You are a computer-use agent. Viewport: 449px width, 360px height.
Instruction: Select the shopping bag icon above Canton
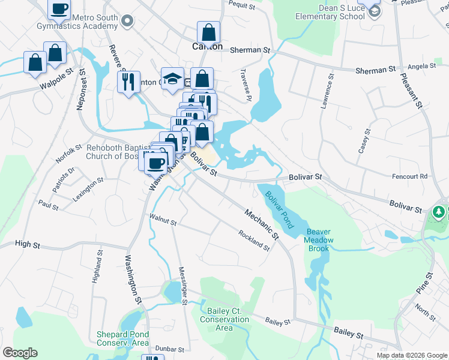tap(208, 32)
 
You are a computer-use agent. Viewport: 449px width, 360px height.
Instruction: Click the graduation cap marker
tap(172, 78)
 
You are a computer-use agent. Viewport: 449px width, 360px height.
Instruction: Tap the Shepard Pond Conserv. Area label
tap(122, 338)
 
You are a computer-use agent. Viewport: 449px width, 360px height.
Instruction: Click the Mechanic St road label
tap(262, 224)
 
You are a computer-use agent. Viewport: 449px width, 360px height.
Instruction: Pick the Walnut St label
tap(163, 221)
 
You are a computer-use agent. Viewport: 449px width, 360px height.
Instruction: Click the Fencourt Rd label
tap(409, 176)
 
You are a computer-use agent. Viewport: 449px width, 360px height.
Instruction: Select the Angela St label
tap(421, 66)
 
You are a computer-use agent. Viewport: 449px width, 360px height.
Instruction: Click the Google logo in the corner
tap(20, 353)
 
